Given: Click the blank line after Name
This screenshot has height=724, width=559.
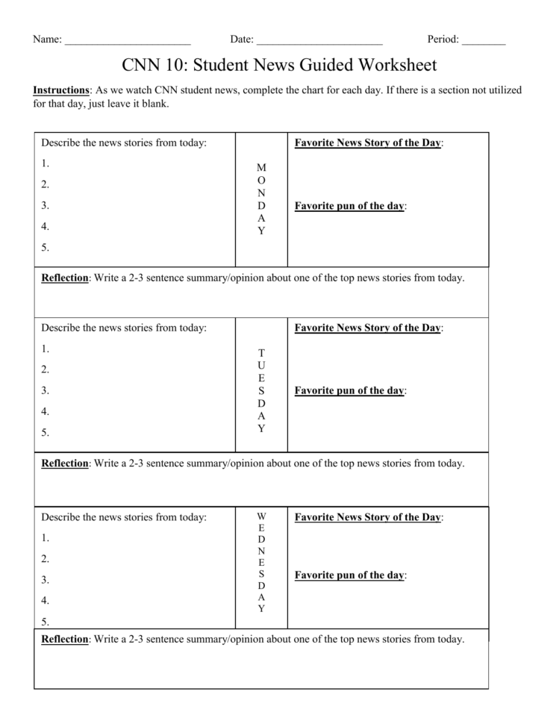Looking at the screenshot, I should [128, 41].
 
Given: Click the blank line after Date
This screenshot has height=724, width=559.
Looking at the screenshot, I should [319, 41].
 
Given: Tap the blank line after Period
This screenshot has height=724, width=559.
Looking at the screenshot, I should [484, 41].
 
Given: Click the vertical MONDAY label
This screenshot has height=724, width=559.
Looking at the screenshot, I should [261, 199].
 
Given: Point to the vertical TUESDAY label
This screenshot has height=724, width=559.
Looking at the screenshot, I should [261, 390].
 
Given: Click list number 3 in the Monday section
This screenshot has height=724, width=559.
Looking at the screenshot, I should [46, 205].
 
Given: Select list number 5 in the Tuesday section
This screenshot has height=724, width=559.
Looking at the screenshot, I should [46, 432].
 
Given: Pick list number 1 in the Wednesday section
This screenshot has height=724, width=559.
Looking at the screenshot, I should [46, 537].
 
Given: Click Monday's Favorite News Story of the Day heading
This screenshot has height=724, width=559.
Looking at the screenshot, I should [368, 143].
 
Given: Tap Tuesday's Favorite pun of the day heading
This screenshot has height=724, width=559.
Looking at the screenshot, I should [349, 390].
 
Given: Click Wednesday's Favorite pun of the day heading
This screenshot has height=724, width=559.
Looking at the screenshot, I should [349, 575].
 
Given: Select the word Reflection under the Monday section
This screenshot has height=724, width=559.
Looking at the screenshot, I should [65, 278].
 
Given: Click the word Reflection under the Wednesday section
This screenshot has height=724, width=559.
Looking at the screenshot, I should [65, 639].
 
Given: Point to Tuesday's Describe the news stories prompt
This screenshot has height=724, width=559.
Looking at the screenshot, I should [124, 327].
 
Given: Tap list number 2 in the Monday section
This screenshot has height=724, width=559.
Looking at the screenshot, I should [46, 184].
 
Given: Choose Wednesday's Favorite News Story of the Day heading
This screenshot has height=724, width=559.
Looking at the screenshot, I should [368, 517].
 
